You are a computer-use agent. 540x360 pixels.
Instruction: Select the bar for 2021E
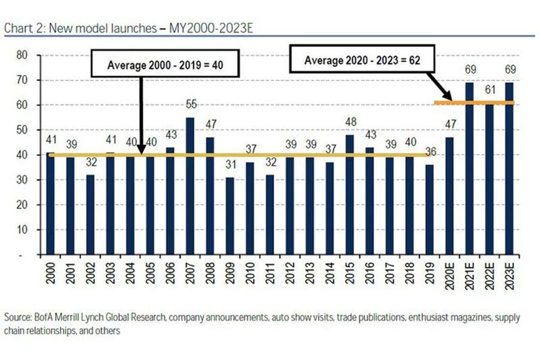tap(470, 169)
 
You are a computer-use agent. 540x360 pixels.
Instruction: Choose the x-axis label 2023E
tap(510, 278)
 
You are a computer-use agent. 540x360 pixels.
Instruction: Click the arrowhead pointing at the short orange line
tap(448, 98)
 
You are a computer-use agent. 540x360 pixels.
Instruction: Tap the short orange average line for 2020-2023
tap(474, 103)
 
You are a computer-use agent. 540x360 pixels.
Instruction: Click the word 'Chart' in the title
tap(16, 29)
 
